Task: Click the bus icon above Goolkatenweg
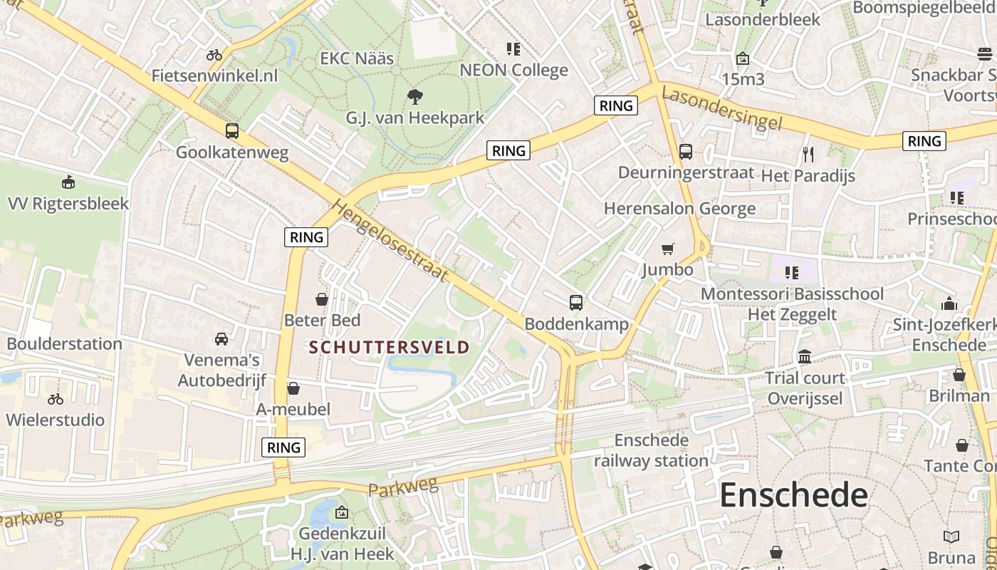pos(232,131)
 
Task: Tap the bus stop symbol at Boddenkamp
pos(576,303)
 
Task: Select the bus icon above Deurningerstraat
pos(686,152)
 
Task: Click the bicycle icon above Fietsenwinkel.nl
pos(214,55)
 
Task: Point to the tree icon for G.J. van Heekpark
pos(414,97)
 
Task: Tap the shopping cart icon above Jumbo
pos(668,249)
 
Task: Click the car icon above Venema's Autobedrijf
pos(221,338)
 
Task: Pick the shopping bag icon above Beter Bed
pos(322,299)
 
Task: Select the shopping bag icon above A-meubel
pos(293,388)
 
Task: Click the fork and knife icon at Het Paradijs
pos(808,154)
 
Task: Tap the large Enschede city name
pos(793,494)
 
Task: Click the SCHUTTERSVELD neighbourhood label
pos(390,348)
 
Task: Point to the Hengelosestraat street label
pos(391,241)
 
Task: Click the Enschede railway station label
pos(651,450)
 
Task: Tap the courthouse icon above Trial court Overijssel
pos(805,356)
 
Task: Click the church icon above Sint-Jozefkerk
pos(949,304)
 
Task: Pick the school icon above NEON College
pos(513,49)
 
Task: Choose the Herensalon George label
pos(679,209)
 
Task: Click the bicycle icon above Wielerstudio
pos(56,399)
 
